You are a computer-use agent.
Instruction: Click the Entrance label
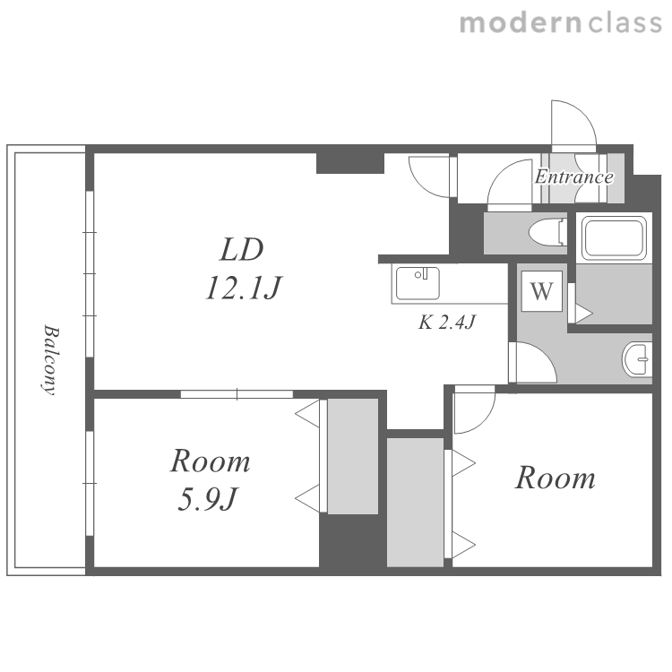[573, 177]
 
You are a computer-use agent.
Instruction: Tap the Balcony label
[50, 360]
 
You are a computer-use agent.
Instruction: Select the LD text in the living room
[242, 249]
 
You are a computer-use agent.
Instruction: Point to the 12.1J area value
[243, 287]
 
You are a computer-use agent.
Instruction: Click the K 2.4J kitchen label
[447, 323]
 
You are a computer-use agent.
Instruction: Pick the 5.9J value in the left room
[208, 499]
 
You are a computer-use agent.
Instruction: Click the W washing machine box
[542, 291]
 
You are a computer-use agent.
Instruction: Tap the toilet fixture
[547, 232]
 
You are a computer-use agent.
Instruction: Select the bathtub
[614, 237]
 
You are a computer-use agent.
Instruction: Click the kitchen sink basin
[418, 283]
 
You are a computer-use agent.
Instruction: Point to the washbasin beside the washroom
[637, 359]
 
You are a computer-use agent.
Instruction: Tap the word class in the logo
[625, 22]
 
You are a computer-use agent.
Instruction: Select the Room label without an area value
[556, 478]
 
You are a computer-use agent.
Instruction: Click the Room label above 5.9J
[211, 461]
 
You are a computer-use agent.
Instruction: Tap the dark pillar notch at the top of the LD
[349, 163]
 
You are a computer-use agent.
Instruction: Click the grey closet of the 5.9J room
[353, 456]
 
